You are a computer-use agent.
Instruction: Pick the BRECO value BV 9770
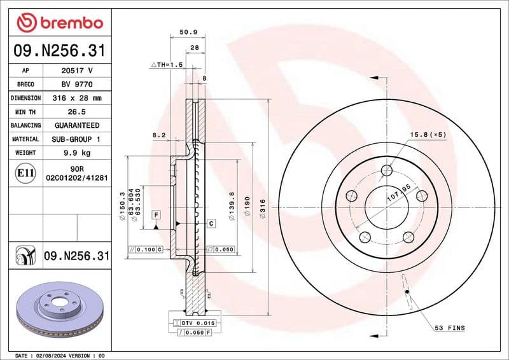(76, 85)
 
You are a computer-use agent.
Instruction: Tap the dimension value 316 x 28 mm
(76, 99)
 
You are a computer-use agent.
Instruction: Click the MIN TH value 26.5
(76, 112)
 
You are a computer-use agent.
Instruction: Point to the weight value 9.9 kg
(76, 153)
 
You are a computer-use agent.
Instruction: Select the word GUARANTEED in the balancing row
(76, 125)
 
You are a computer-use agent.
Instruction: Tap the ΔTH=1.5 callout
(166, 65)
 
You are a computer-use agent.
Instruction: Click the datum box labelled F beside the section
(155, 216)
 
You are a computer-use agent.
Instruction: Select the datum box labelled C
(211, 223)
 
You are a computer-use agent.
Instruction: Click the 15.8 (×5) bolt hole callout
(428, 134)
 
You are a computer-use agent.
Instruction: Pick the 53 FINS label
(449, 328)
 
